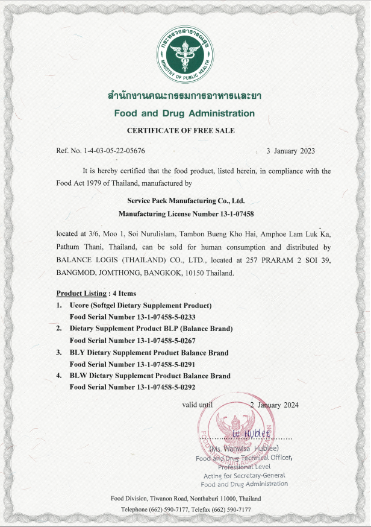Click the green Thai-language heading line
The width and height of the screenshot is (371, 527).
tap(184, 96)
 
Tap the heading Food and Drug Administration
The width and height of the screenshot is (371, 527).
tap(184, 113)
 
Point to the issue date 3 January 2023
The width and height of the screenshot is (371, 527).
tap(290, 151)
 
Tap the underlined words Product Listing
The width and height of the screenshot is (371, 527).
tap(81, 294)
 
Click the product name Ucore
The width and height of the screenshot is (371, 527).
tap(79, 305)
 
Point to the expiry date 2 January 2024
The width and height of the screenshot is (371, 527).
tap(275, 405)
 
